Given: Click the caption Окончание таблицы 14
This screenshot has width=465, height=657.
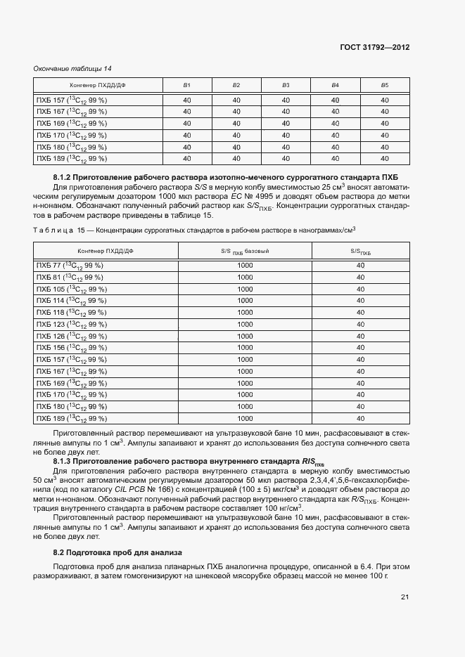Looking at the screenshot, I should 73,68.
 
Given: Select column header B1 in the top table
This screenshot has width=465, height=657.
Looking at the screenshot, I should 186,85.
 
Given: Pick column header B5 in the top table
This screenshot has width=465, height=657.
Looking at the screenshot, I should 384,85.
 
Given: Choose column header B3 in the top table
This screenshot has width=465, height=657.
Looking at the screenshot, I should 286,85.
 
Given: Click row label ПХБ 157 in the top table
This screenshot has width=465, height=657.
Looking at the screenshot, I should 71,100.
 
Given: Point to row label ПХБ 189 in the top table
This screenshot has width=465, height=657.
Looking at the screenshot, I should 71,158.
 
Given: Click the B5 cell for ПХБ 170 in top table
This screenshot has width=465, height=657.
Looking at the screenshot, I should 384,135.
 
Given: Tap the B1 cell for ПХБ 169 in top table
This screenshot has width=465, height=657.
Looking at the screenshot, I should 186,123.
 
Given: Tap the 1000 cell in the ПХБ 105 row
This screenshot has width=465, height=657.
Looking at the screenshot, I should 245,289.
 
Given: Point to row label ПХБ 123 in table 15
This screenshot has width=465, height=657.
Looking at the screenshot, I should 71,324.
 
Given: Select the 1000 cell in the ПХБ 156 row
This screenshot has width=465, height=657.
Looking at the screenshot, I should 245,348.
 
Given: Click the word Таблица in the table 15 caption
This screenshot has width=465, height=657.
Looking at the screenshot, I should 55,229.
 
